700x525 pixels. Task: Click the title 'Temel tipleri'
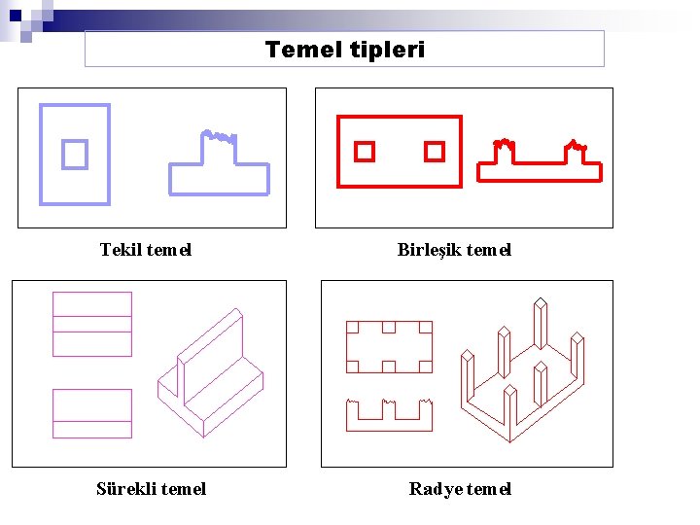click(344, 49)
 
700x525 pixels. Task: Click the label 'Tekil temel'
click(146, 250)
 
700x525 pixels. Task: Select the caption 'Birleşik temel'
click(454, 250)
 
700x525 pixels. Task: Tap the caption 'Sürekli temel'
click(151, 489)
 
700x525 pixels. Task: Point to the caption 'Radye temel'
click(460, 489)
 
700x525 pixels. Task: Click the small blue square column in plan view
click(75, 154)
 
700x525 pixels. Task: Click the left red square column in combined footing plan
click(364, 152)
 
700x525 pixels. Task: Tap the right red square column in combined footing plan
click(435, 152)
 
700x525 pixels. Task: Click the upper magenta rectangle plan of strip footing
click(92, 324)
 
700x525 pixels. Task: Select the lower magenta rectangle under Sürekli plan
click(92, 413)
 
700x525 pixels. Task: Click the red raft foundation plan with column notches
click(389, 346)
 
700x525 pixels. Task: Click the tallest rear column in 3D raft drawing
click(540, 326)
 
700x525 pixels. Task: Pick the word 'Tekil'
click(121, 250)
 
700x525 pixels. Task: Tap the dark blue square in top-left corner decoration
click(16, 15)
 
